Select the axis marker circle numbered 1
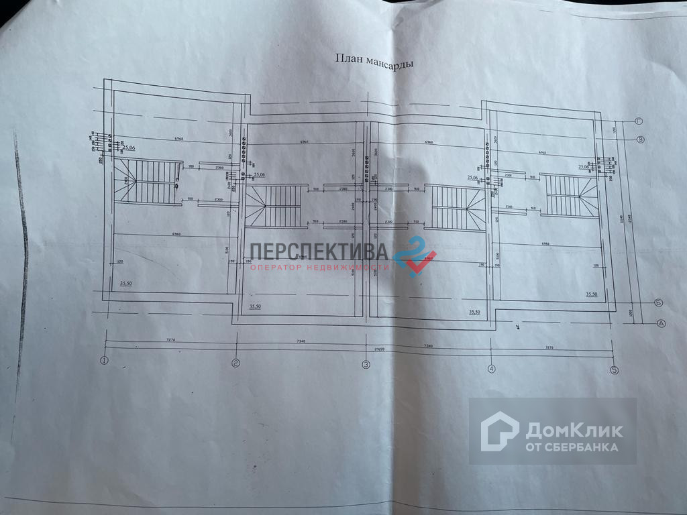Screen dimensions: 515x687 click(x=104, y=361)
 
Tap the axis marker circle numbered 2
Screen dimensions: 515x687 click(x=235, y=364)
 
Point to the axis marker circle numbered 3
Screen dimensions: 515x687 click(x=366, y=365)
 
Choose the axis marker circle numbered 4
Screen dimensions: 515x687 click(x=492, y=368)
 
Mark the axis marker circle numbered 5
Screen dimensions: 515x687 click(x=613, y=370)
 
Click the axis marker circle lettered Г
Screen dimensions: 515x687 click(x=639, y=121)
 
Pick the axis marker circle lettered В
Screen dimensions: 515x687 click(x=641, y=139)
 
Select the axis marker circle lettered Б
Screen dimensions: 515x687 click(x=658, y=302)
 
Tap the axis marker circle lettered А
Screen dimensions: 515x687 click(x=661, y=323)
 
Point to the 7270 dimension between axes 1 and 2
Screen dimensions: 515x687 click(x=170, y=341)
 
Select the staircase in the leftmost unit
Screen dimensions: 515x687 click(x=148, y=182)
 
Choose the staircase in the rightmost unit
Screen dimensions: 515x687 click(x=570, y=195)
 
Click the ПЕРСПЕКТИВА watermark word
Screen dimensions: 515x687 click(x=319, y=252)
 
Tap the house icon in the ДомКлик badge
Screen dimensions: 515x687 click(x=499, y=431)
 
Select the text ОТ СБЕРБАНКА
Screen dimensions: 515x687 click(x=572, y=447)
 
